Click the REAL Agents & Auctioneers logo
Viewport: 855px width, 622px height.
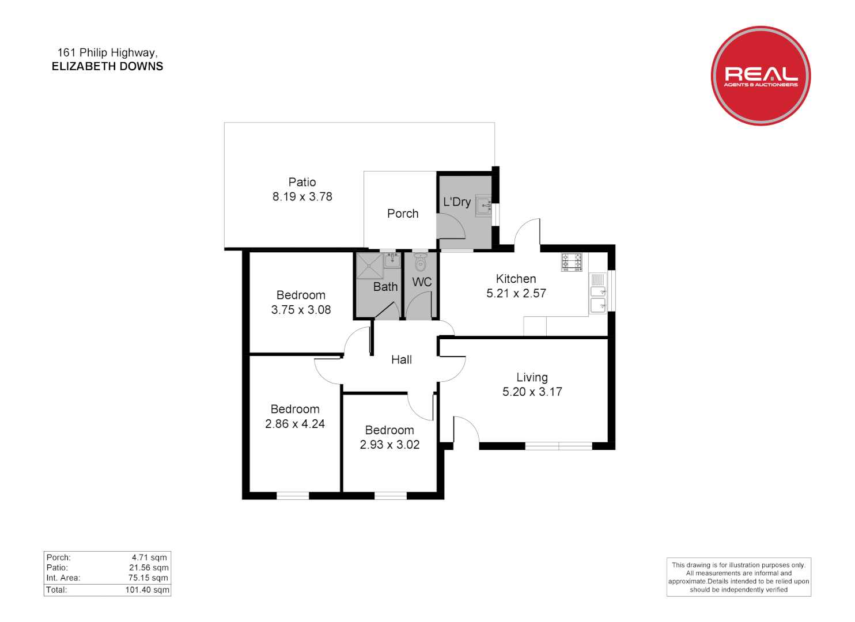tap(761, 75)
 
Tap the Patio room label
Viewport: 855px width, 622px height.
tap(302, 182)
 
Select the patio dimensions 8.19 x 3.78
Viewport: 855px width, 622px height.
tap(302, 197)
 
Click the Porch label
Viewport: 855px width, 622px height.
tap(403, 214)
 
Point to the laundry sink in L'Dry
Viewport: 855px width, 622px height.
tap(483, 206)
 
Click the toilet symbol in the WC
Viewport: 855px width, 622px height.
tap(421, 264)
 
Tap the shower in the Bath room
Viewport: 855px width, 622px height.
tap(369, 266)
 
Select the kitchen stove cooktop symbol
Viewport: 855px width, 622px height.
tap(572, 262)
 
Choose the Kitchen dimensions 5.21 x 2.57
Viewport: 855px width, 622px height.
tap(516, 294)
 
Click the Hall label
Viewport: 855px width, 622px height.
tap(402, 360)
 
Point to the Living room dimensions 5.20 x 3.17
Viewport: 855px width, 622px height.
tap(532, 392)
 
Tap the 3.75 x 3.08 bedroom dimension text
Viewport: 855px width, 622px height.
tap(301, 310)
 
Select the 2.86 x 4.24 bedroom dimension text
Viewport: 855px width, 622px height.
tap(294, 424)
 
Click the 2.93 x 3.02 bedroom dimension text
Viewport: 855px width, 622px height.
tap(389, 445)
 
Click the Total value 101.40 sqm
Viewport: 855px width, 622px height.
tap(147, 590)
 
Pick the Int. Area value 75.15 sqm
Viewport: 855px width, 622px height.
tap(148, 578)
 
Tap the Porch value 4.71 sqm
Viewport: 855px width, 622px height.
tap(149, 557)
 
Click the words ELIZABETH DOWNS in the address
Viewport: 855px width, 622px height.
tap(107, 67)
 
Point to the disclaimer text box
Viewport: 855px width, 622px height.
tap(738, 577)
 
